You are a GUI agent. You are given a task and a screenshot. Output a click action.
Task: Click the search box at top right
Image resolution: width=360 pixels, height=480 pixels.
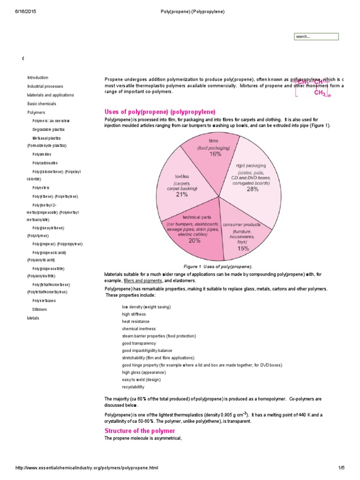pos(316,37)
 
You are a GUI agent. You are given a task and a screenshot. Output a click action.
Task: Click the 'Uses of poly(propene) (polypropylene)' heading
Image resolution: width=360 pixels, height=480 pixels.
pos(160,112)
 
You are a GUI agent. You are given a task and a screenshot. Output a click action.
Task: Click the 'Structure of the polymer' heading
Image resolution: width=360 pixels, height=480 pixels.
pos(140,431)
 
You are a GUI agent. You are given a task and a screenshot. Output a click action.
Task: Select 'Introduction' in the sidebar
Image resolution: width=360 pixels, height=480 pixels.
pos(37,78)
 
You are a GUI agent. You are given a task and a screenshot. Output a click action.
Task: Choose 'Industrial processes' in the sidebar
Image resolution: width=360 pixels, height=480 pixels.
pos(45,87)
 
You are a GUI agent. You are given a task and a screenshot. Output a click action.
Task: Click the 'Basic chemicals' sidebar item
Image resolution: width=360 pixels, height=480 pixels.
pos(41,104)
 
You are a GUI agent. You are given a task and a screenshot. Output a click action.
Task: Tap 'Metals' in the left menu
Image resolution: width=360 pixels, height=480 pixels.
pos(33,318)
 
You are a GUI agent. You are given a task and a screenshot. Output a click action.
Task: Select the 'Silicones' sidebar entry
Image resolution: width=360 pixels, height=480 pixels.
pos(39,309)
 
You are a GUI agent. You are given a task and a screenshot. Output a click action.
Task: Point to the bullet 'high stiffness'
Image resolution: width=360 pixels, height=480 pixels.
pos(134,314)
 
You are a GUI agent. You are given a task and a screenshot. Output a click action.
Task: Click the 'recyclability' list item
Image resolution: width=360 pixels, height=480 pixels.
pos(133,387)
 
